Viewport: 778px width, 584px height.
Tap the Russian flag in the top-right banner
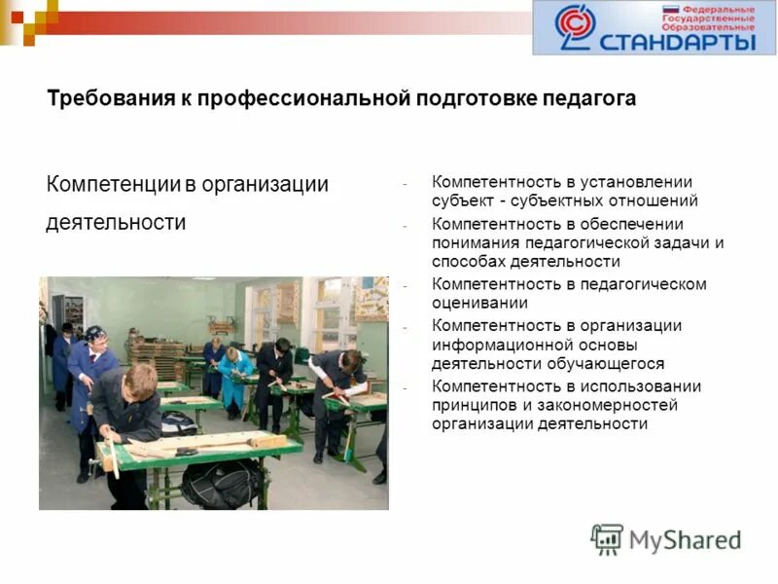click(669, 12)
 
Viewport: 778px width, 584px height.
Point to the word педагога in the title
click(594, 98)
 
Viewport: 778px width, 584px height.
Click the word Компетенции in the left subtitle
click(114, 184)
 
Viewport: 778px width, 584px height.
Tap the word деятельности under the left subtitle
click(116, 223)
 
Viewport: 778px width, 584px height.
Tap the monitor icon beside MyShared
click(607, 539)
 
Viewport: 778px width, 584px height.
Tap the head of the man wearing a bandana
click(94, 334)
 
